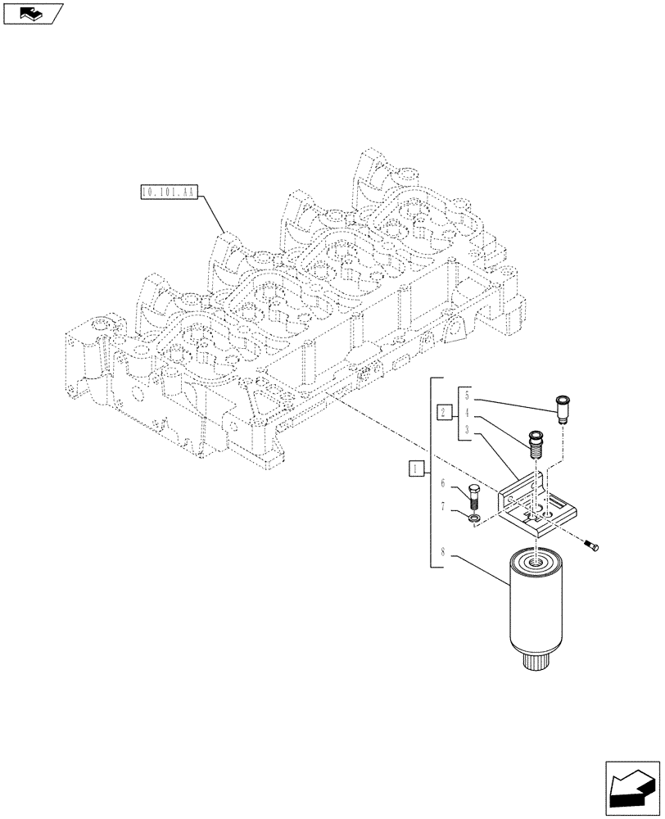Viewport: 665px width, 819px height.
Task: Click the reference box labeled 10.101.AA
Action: pyautogui.click(x=167, y=192)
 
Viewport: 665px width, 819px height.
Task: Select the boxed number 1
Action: pyautogui.click(x=417, y=469)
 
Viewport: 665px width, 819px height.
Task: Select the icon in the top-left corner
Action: pyautogui.click(x=33, y=12)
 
